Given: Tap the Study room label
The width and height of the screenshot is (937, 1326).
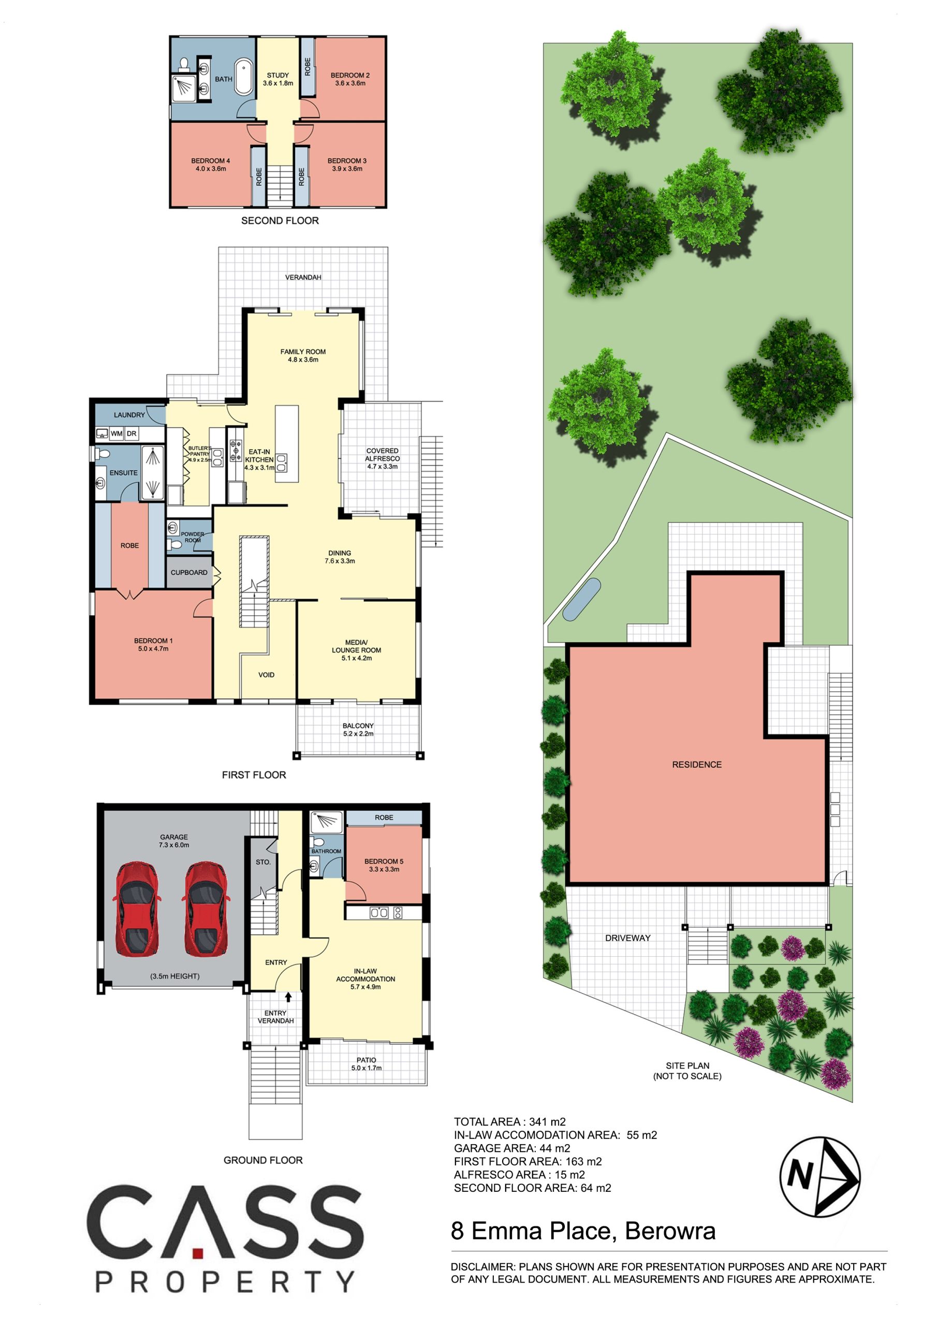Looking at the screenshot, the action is [277, 79].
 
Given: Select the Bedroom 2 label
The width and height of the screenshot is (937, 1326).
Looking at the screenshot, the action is [350, 79].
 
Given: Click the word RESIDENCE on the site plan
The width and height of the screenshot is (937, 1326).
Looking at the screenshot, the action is [696, 765].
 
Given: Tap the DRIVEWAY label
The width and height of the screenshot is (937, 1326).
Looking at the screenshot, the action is [627, 938].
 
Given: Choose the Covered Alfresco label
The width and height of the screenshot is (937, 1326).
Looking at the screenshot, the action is [382, 458].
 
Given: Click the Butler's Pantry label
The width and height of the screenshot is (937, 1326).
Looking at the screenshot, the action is [199, 454].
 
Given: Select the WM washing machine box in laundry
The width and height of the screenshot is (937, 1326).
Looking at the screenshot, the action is [116, 433].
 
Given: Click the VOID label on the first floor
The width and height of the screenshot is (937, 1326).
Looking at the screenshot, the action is [266, 674].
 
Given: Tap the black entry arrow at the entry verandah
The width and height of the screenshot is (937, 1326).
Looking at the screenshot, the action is [288, 996].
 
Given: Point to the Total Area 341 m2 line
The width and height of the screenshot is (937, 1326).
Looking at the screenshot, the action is [510, 1121].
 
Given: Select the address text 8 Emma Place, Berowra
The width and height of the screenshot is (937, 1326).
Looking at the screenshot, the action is [583, 1231].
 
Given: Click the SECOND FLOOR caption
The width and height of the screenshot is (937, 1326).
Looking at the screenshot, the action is [280, 221].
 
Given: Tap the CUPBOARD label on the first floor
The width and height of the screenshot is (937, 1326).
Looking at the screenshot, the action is [189, 572].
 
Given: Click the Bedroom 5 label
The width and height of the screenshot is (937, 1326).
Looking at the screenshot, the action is [384, 865].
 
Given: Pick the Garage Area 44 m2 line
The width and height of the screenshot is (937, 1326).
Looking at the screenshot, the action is [512, 1148].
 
